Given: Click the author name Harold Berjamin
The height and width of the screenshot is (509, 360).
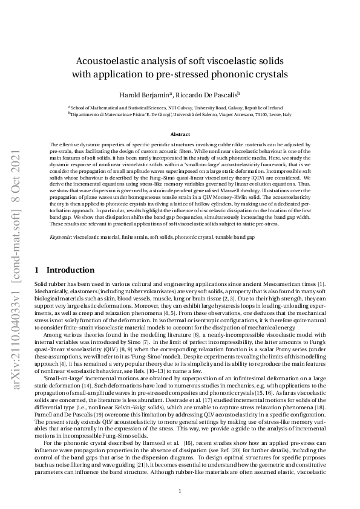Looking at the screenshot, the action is click(x=145, y=94).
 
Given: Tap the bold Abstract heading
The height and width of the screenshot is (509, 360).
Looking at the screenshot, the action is click(x=180, y=134).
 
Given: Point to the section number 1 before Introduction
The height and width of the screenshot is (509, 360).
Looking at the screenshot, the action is click(x=37, y=270).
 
